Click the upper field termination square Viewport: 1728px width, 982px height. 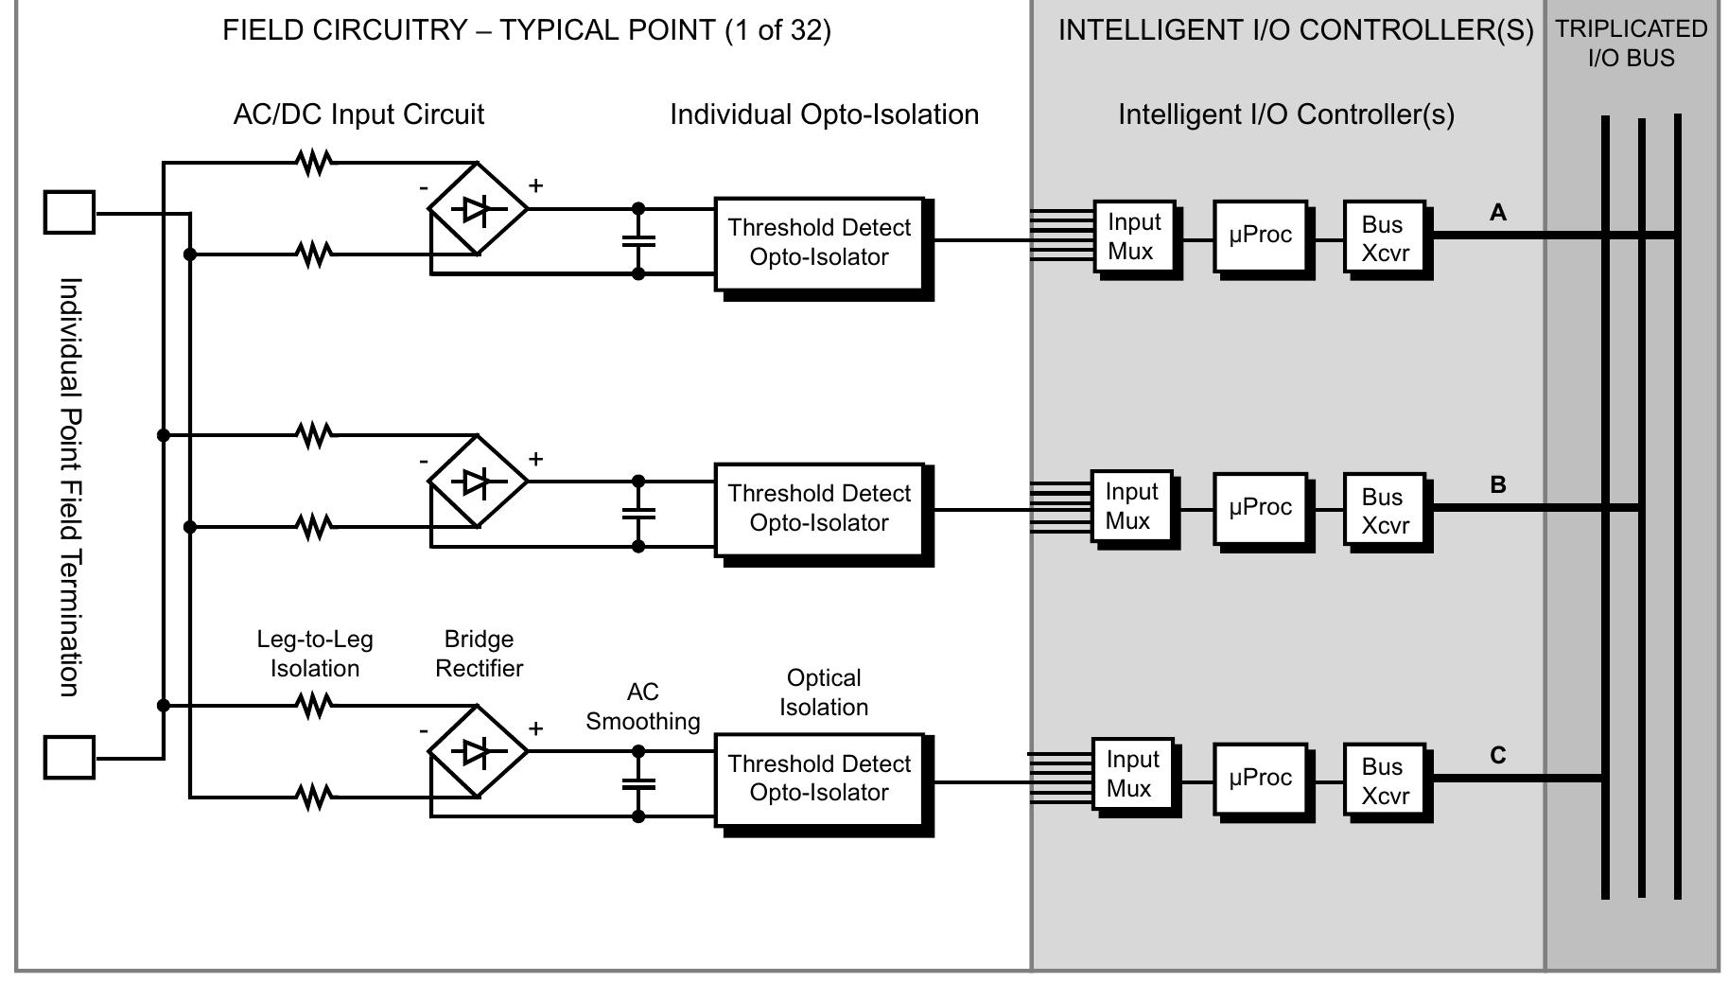tap(69, 212)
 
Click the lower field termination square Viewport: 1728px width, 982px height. tap(69, 757)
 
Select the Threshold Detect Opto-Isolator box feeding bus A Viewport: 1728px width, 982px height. tap(818, 243)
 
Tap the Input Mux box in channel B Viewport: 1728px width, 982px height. tap(1131, 507)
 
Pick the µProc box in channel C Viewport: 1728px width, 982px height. tap(1260, 778)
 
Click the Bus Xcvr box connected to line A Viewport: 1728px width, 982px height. tap(1384, 238)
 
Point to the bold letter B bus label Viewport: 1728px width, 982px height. tap(1498, 484)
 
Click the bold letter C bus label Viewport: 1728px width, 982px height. tap(1498, 755)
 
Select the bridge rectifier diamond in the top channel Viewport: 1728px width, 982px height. tap(478, 209)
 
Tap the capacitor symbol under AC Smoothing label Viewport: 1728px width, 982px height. tap(638, 783)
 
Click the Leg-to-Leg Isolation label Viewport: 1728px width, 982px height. tap(315, 654)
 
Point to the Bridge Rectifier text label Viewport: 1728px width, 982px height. tap(479, 654)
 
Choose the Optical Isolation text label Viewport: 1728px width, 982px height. tap(824, 693)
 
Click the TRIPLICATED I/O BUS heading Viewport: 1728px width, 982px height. tap(1632, 43)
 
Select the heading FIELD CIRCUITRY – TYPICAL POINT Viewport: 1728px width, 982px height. tap(527, 30)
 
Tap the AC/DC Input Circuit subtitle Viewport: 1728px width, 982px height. tap(358, 114)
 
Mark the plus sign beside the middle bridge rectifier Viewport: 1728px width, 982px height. tap(535, 459)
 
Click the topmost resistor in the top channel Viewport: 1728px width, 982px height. tap(314, 163)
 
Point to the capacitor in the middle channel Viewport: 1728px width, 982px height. tap(638, 514)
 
